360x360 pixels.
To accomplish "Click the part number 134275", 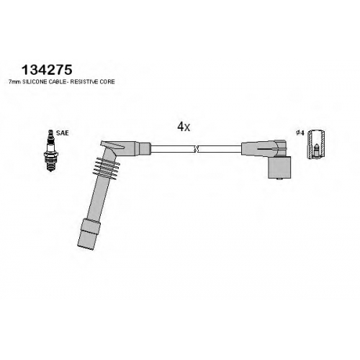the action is (x=47, y=70).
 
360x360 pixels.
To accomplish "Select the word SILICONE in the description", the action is (x=32, y=82).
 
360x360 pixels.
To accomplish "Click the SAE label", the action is (x=62, y=132).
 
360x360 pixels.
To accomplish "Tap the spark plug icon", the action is (x=50, y=150).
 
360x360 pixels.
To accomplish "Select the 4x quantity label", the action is (x=184, y=127).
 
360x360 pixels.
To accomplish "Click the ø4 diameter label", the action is (x=300, y=132).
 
